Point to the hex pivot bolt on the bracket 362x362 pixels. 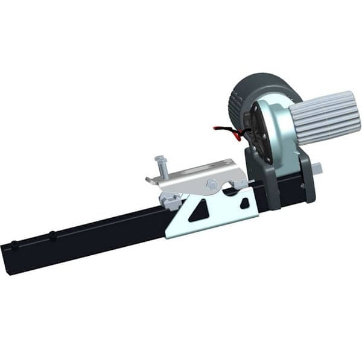coord(212,185)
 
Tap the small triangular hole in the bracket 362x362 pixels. coord(244,203)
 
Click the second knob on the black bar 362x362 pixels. coord(52,235)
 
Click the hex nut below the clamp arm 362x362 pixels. coord(170,200)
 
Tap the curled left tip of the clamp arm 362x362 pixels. coord(150,179)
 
